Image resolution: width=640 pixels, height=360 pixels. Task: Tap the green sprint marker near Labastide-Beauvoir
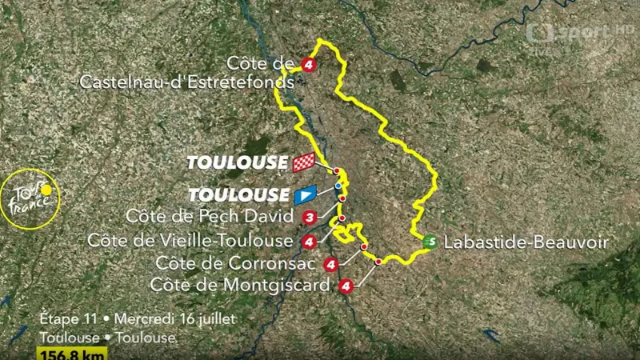[430, 241]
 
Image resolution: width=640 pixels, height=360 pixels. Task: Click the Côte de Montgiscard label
[240, 285]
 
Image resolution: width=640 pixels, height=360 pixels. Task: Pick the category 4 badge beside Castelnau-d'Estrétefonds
[308, 63]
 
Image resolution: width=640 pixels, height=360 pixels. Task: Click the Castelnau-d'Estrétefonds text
[188, 80]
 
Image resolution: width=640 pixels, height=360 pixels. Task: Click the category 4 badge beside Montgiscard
[346, 286]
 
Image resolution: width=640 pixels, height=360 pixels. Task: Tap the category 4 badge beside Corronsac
[330, 264]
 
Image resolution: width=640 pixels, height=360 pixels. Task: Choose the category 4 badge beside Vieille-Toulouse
[310, 241]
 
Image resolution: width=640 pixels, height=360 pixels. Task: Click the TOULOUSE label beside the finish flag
[238, 163]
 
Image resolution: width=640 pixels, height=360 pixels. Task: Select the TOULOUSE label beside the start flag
[238, 194]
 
